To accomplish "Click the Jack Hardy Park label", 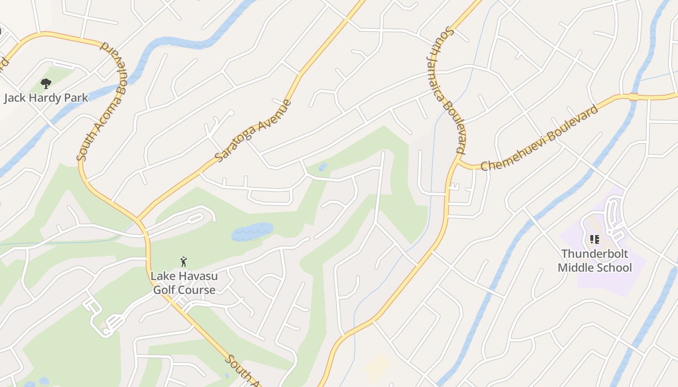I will (46, 98).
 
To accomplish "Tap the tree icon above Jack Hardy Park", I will (46, 84).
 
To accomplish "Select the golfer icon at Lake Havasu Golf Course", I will (184, 262).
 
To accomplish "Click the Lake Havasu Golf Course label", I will (184, 283).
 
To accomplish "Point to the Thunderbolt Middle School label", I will (595, 261).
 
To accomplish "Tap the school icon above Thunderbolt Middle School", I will (595, 239).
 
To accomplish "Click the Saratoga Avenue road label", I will (253, 131).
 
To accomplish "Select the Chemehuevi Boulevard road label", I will (539, 138).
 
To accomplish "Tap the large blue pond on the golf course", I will (252, 232).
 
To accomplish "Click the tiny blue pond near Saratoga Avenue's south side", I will (323, 167).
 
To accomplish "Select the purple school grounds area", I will (630, 281).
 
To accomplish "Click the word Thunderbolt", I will (595, 254).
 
